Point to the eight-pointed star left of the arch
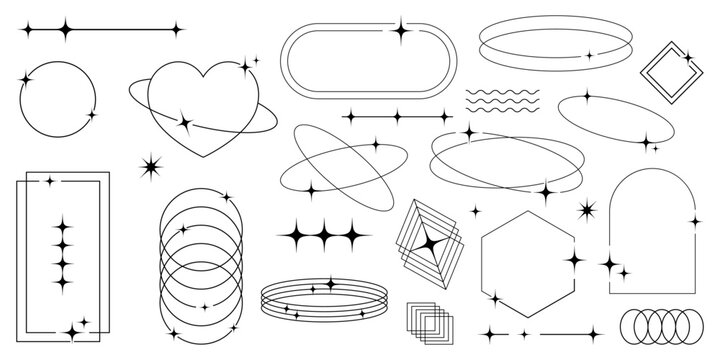coord(587,209)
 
